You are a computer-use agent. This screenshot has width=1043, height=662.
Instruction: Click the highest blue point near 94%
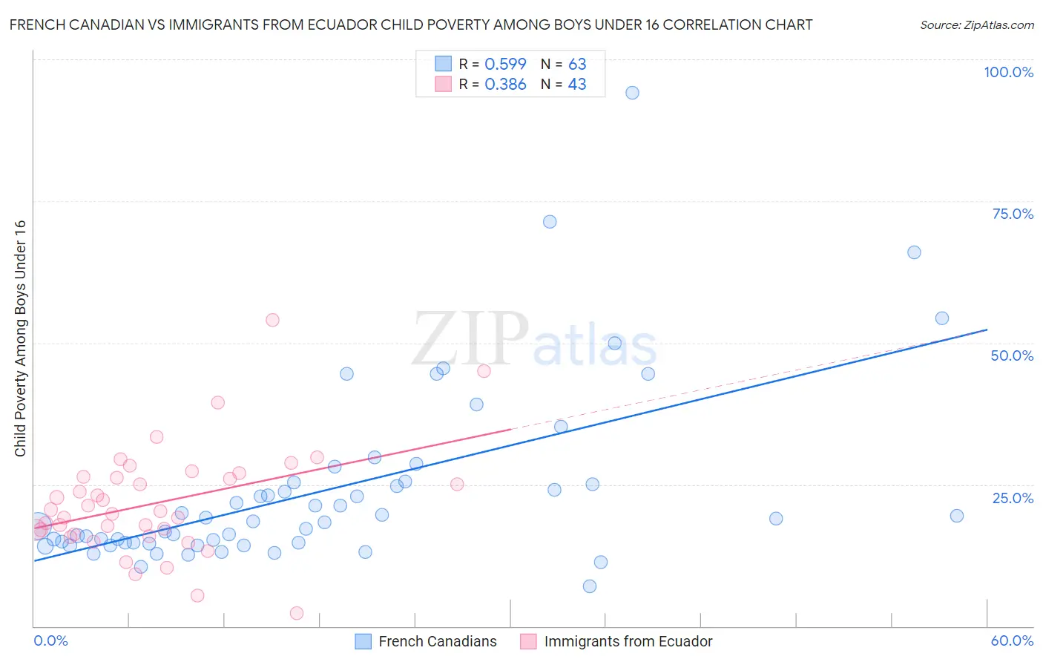[632, 93]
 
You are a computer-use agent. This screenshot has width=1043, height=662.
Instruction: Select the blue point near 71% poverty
[550, 222]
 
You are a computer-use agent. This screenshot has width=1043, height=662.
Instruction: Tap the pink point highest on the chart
[272, 320]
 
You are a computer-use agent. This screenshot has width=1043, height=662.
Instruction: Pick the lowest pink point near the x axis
[297, 613]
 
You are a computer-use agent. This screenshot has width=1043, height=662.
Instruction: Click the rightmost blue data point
[957, 516]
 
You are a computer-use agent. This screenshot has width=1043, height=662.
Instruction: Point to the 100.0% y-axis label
[1008, 72]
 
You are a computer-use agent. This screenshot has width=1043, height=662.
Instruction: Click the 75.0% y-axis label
[1013, 214]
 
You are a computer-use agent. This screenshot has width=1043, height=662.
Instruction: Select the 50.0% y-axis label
[1012, 355]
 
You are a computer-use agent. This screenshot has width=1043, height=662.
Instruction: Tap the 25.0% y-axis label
[1013, 498]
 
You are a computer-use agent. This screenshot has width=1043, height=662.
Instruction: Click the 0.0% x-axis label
[50, 640]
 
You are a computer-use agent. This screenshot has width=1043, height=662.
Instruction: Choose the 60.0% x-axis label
[1012, 640]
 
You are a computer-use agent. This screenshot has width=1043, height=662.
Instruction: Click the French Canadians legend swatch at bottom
[363, 641]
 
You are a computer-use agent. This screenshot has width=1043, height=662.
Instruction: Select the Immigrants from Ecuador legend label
[628, 641]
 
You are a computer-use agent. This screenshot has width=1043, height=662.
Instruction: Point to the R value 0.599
[505, 65]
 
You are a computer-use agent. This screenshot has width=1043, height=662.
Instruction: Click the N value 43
[577, 85]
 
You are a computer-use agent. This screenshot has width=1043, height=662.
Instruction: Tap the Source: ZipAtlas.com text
[976, 24]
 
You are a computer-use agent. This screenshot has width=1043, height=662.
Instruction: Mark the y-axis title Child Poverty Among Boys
[20, 338]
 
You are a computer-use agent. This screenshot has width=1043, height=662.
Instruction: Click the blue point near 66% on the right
[914, 252]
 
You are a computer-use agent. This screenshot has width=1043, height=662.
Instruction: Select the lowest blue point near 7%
[590, 586]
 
